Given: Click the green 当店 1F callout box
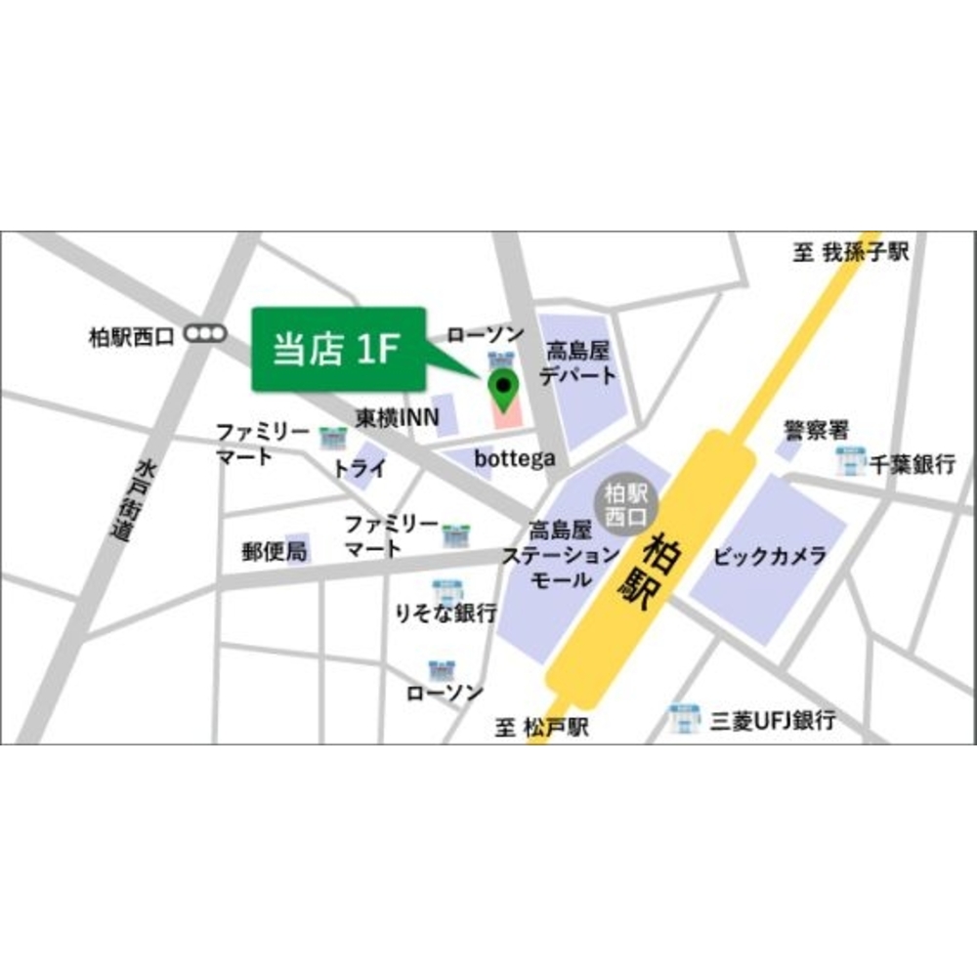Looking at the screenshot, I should point(338,349).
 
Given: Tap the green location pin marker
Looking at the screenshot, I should point(503,391).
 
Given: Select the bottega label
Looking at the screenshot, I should point(514,457).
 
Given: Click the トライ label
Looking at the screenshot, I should point(360,468).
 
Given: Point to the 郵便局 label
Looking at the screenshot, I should point(275,551).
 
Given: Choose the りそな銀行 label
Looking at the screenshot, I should point(446,614).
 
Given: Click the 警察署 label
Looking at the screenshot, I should point(816,430).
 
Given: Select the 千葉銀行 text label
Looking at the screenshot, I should point(913,464).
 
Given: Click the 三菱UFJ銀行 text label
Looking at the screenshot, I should point(772,721).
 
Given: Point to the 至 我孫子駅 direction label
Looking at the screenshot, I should point(850,253).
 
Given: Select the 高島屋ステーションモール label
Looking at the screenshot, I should point(559,555).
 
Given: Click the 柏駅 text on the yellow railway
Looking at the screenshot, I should point(647,570).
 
